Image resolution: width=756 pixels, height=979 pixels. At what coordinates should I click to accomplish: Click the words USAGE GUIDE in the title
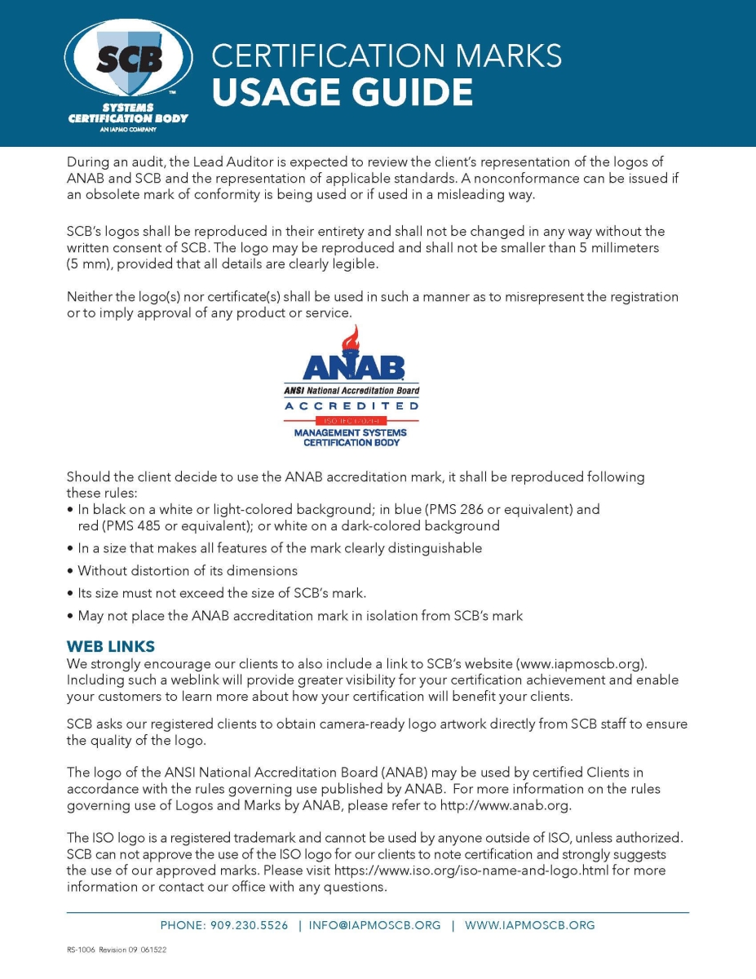[342, 92]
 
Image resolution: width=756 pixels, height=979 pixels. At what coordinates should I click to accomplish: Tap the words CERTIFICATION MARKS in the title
[387, 55]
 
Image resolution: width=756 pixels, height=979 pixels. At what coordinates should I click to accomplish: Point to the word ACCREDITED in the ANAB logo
[351, 405]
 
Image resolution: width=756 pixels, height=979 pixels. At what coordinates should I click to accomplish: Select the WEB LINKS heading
[110, 646]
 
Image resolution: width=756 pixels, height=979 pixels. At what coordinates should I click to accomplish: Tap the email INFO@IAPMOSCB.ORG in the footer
[374, 925]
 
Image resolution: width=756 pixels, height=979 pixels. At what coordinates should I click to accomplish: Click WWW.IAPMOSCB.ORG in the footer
[529, 925]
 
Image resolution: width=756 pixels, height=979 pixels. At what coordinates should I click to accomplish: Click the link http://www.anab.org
[505, 806]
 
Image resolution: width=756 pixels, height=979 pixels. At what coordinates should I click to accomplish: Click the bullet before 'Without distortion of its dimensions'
[71, 571]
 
